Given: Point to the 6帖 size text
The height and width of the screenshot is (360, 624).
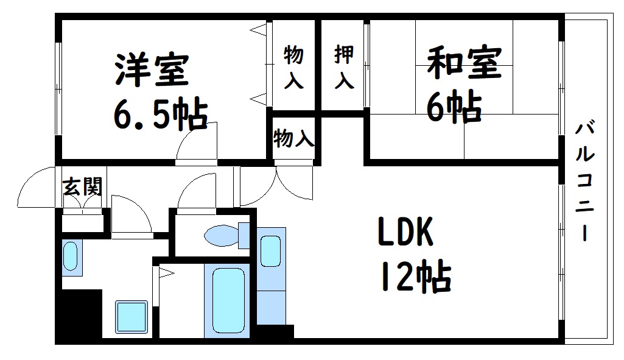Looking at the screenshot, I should coord(454,107).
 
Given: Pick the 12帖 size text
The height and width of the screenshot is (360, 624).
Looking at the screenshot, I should coord(416,277).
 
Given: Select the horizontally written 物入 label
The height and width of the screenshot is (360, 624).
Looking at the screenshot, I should coord(293,139).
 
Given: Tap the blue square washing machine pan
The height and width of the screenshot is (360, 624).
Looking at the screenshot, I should coord(131,316).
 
